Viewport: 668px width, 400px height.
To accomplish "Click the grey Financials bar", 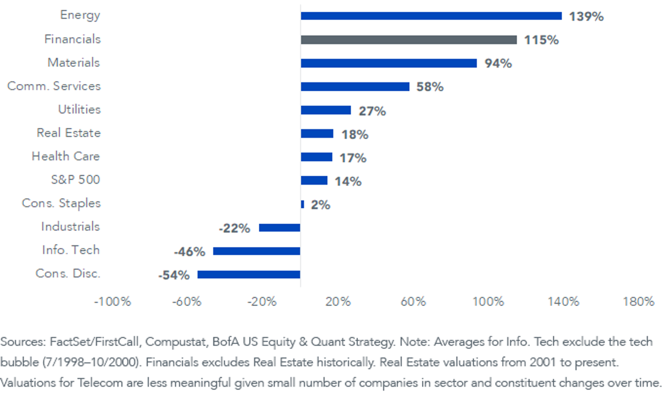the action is (x=409, y=39).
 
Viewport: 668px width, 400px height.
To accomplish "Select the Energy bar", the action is (x=431, y=16).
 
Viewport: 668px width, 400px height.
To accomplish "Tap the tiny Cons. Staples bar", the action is (x=302, y=204).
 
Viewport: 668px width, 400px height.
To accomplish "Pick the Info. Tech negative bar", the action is (x=257, y=251).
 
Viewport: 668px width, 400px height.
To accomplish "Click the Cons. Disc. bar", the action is (x=249, y=274).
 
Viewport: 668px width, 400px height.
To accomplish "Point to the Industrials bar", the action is (x=279, y=228).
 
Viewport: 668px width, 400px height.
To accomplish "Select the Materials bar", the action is (x=389, y=63).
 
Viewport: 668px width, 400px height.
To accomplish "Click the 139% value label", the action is (x=586, y=17).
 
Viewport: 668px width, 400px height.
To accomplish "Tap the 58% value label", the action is (x=430, y=87).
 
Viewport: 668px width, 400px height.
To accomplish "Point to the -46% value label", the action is (x=190, y=252).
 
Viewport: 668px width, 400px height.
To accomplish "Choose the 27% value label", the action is (x=372, y=111).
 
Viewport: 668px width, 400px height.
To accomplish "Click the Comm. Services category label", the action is (x=54, y=86).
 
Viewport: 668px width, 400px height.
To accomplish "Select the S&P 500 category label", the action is (x=76, y=180).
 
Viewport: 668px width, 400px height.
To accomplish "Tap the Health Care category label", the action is (x=66, y=156).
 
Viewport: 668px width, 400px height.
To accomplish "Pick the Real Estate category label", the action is (x=68, y=133).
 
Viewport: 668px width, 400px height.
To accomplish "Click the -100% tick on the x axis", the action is (x=112, y=302).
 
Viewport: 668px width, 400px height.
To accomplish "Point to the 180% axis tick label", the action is (x=638, y=302).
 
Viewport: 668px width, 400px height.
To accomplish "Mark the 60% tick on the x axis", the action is (x=413, y=302).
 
